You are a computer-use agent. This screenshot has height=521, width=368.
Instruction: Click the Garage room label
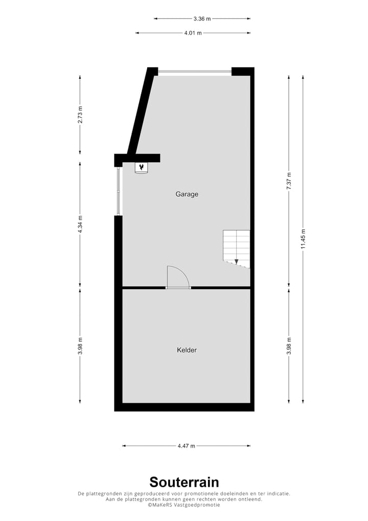pyautogui.click(x=187, y=194)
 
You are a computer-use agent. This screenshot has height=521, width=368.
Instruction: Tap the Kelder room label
pyautogui.click(x=187, y=350)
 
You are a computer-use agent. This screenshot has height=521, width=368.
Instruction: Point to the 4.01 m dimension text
pyautogui.click(x=193, y=33)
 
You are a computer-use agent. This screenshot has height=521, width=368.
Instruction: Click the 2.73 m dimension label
pyautogui.click(x=80, y=115)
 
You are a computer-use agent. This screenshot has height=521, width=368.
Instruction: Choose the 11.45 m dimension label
pyautogui.click(x=303, y=240)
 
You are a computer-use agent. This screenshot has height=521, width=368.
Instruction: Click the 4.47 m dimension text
pyautogui.click(x=187, y=446)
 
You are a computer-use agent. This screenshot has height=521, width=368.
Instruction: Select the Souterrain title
pyautogui.click(x=184, y=482)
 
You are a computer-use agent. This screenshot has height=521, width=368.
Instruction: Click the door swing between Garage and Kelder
pyautogui.click(x=178, y=277)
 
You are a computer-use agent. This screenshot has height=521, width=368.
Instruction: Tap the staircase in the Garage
pyautogui.click(x=237, y=249)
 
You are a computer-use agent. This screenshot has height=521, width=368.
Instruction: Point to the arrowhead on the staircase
pyautogui.click(x=236, y=262)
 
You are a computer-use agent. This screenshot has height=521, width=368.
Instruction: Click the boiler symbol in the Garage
pyautogui.click(x=142, y=167)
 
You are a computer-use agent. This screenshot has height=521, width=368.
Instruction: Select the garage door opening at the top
pyautogui.click(x=194, y=72)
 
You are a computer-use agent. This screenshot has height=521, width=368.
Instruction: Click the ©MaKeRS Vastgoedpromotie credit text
pyautogui.click(x=184, y=505)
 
